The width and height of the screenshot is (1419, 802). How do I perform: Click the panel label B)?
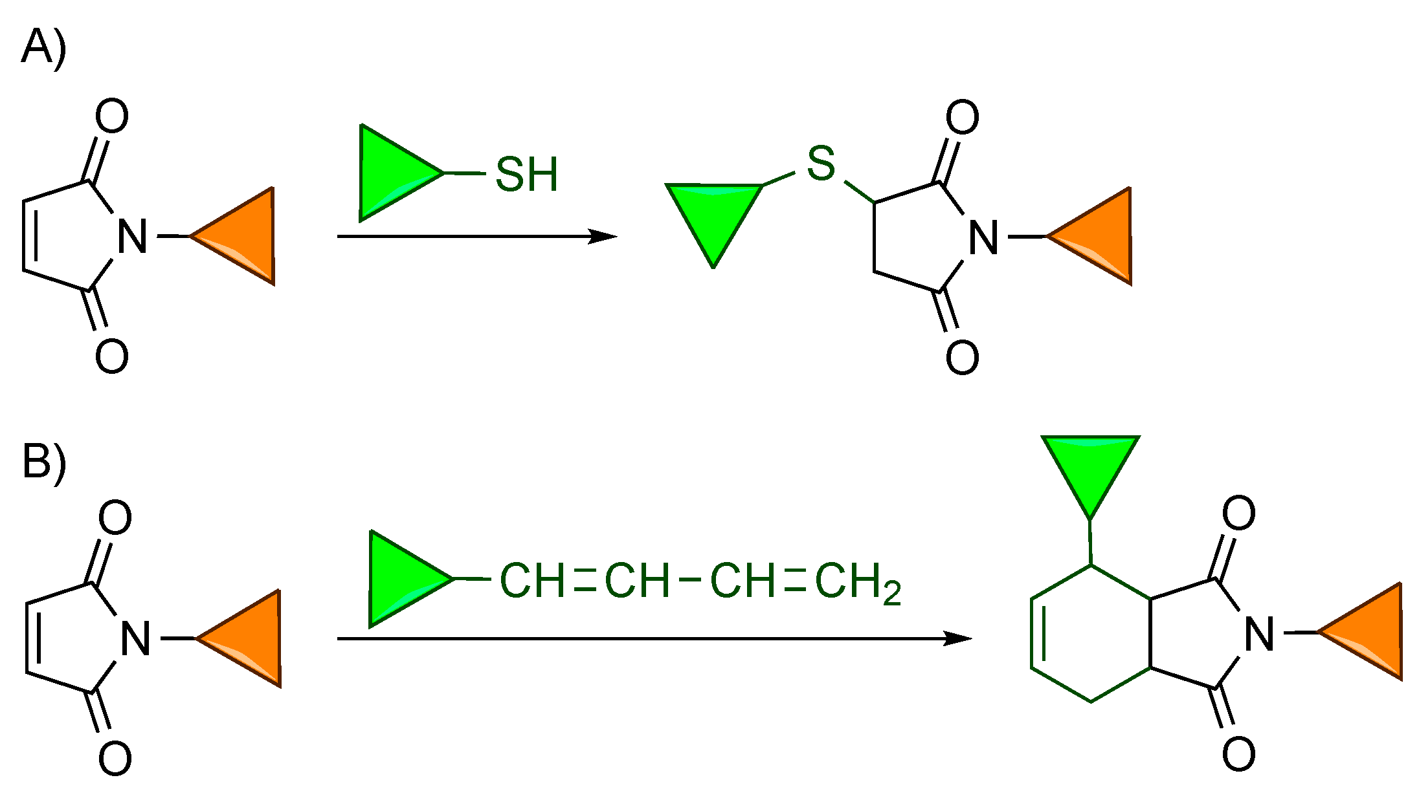click(x=43, y=461)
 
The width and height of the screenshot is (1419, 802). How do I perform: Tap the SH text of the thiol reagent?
click(x=526, y=175)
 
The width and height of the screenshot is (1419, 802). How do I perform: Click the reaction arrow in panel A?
click(x=476, y=237)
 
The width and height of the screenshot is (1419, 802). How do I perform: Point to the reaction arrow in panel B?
click(x=654, y=639)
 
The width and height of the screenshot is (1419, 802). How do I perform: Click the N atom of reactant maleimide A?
click(x=133, y=237)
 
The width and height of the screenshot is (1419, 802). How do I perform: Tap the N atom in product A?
click(x=983, y=237)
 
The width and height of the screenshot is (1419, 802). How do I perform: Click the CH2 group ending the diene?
click(x=856, y=582)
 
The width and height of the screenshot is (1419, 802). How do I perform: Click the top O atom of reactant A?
click(x=112, y=117)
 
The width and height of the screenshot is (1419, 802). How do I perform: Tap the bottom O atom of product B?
click(x=1238, y=754)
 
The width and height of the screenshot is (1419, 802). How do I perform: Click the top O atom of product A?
click(x=962, y=118)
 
